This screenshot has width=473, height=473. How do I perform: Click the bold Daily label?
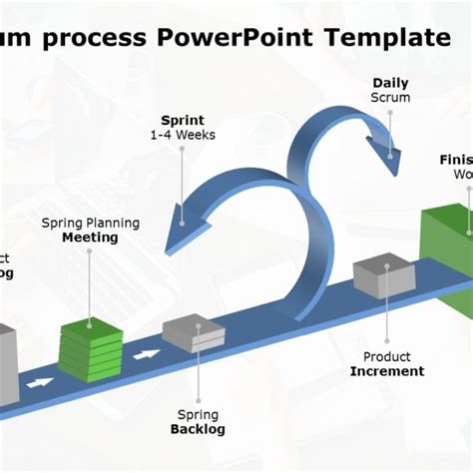tap(390, 83)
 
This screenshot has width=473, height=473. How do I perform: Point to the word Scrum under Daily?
tap(390, 98)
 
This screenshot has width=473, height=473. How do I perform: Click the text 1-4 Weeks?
tap(183, 135)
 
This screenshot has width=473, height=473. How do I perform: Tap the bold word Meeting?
tap(90, 237)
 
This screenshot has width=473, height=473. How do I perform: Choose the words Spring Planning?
tap(90, 223)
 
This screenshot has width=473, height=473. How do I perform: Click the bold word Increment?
tap(387, 371)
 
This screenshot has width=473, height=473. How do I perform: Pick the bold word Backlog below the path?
tap(198, 429)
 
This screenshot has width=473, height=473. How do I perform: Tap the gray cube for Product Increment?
tap(383, 276)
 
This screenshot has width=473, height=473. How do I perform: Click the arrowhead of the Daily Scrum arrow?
tap(388, 160)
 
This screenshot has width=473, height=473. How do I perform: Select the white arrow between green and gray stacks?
tap(148, 354)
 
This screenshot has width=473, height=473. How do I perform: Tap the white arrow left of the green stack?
tap(40, 382)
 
